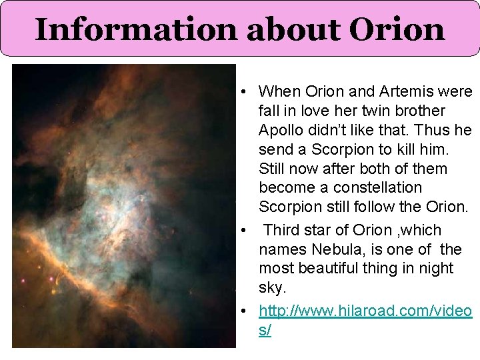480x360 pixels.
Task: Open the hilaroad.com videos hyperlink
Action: [x=365, y=311]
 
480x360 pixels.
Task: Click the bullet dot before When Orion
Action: [x=245, y=92]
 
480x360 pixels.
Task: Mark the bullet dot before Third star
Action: [x=245, y=231]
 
